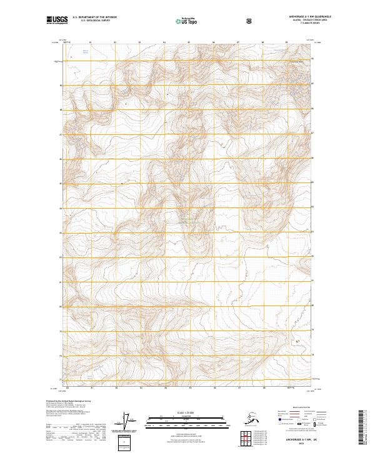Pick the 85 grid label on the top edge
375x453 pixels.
[x=189, y=42]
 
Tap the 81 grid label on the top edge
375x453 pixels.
[x=91, y=42]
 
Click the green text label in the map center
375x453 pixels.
[x=187, y=222]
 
